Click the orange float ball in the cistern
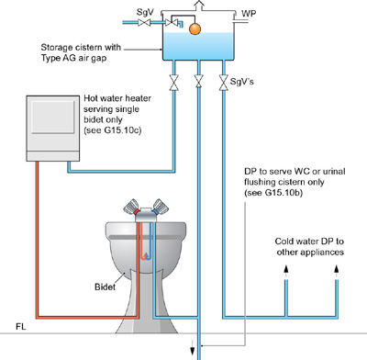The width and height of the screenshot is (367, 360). [195, 29]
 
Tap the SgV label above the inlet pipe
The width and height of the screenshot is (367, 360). [145, 12]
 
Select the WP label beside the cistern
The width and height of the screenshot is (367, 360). [249, 14]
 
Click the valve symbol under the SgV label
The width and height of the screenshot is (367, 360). [144, 23]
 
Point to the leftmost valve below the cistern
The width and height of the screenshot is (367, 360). [174, 83]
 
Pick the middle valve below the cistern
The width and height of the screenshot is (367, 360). [199, 81]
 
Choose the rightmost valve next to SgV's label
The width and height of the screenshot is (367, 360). [224, 83]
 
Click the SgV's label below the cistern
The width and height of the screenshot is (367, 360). [242, 82]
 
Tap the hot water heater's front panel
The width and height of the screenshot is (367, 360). [53, 118]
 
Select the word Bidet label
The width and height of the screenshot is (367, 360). [105, 287]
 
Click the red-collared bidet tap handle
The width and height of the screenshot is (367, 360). [131, 207]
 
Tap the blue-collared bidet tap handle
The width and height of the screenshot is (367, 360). [161, 207]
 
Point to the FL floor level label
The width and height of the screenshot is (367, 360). [21, 327]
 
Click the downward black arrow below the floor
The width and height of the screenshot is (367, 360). [193, 347]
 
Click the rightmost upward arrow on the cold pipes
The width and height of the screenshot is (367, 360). [337, 273]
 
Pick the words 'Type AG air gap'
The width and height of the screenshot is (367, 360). [73, 58]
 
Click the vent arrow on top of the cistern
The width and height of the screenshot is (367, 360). [199, 6]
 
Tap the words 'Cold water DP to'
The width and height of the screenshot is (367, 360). [309, 242]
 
